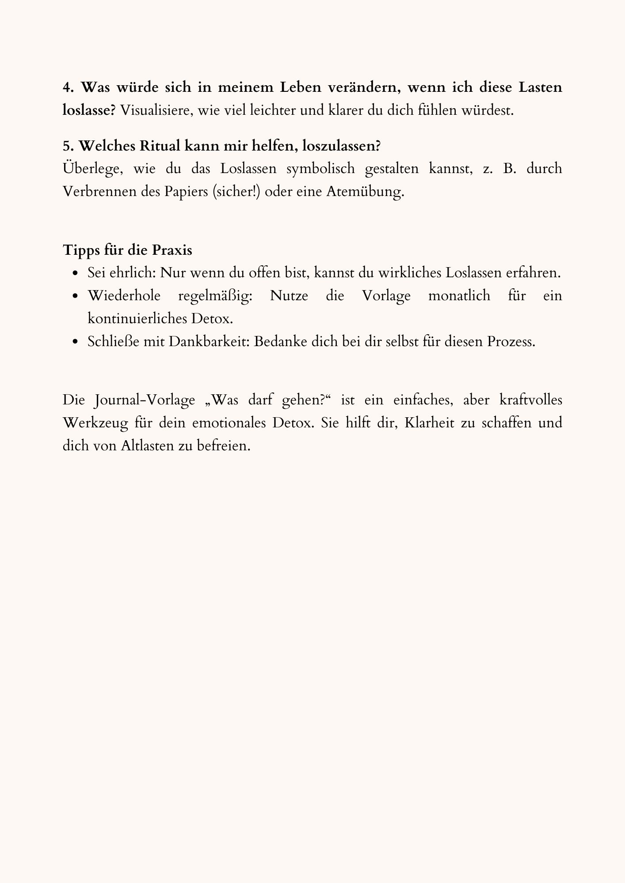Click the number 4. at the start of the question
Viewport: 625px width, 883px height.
67,87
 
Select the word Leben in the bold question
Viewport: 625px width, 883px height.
300,87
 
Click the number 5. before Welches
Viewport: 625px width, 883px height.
67,146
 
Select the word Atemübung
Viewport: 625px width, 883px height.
365,192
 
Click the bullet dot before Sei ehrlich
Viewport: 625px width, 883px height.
76,274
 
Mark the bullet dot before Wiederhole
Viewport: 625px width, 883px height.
76,296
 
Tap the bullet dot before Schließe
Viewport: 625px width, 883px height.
76,342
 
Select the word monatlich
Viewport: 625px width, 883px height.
459,296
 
